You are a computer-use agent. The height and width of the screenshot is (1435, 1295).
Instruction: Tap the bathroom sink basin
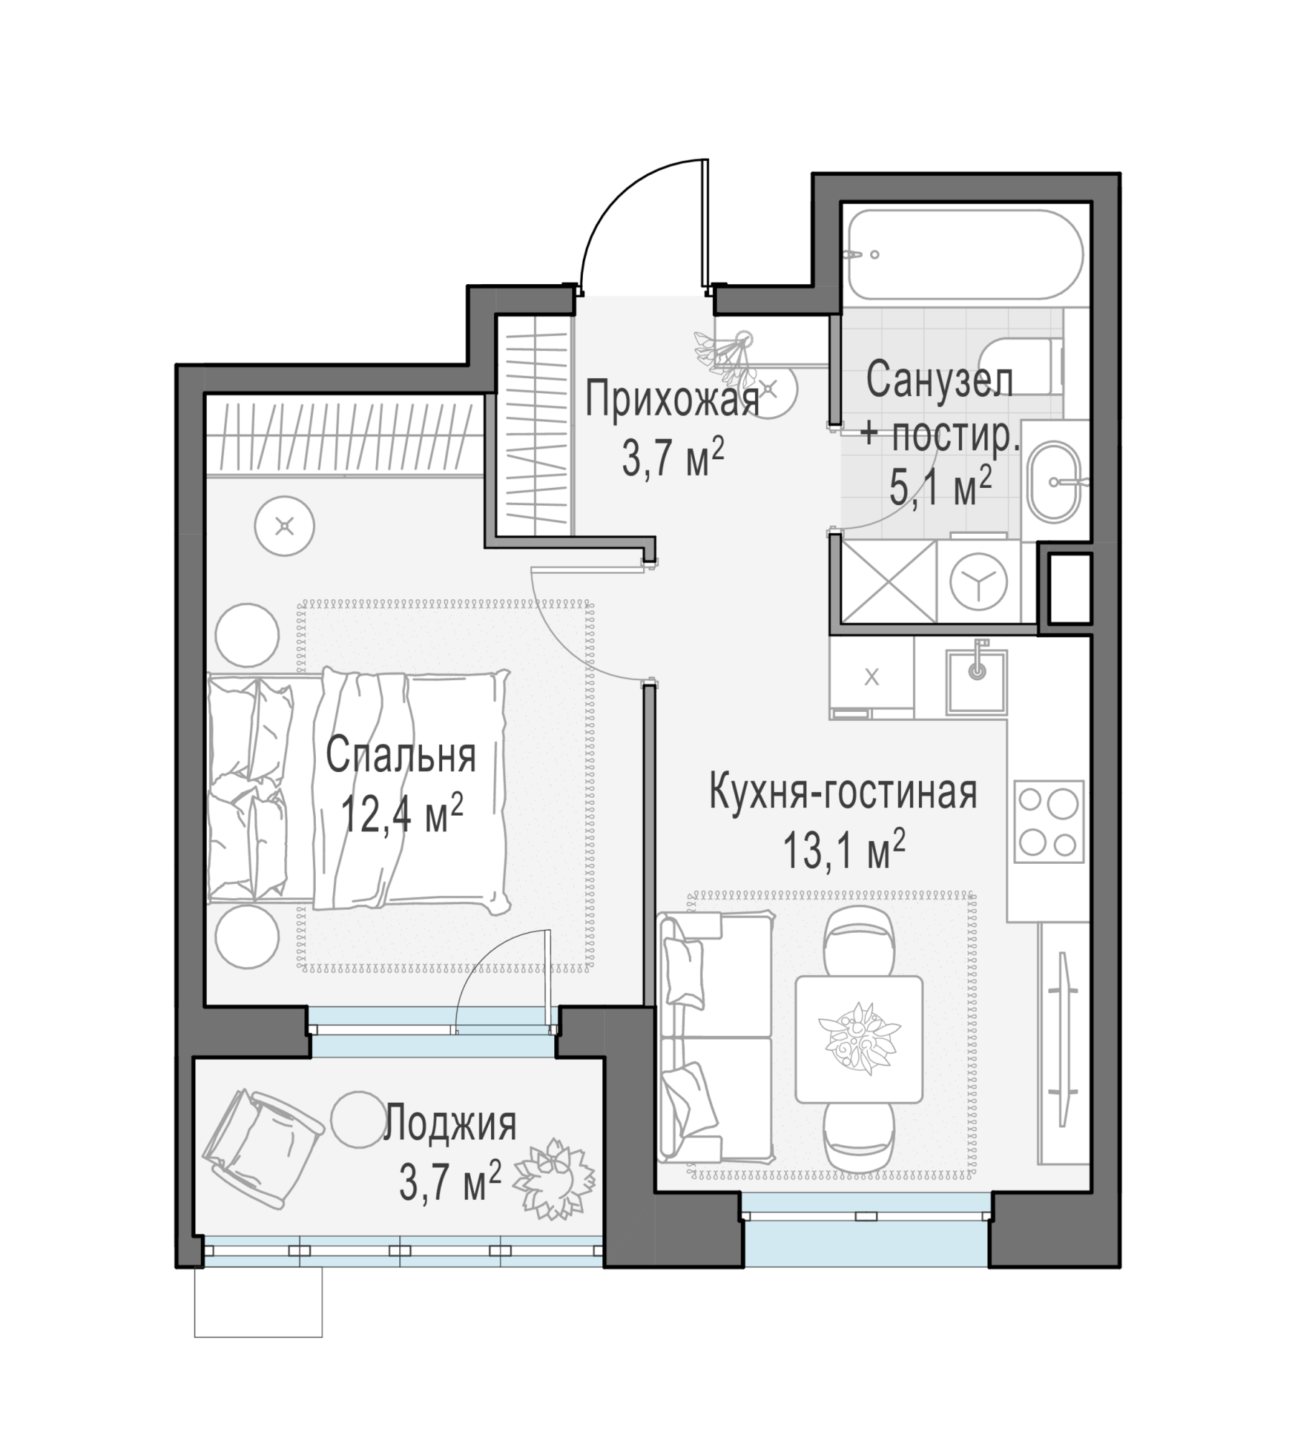1053,481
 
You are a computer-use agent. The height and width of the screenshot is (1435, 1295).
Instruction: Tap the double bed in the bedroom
357,791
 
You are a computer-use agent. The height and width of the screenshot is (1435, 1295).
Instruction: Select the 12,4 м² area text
401,814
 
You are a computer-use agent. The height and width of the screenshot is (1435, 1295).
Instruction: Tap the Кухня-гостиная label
843,794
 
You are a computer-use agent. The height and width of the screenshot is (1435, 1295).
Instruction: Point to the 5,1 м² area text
940,487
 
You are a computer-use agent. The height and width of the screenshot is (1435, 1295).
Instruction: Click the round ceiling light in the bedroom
285,527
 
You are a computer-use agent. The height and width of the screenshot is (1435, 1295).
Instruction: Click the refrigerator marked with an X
871,677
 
